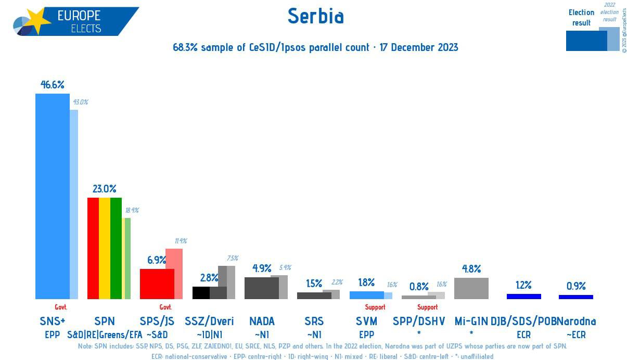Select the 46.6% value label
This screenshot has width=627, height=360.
pos(53,84)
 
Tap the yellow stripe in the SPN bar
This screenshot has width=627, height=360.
pos(105,248)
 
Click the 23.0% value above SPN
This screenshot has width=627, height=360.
pos(105,188)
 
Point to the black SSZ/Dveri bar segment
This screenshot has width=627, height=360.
pos(201,293)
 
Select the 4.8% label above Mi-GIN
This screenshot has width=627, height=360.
pos(471,269)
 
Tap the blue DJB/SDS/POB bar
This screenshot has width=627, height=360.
pos(523,297)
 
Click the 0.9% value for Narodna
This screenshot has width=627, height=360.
pos(576,286)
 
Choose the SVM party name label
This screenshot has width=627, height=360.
pos(367,321)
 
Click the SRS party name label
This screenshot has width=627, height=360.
pos(314,321)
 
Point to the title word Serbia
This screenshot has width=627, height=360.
pos(315,16)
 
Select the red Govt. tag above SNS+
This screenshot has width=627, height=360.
pos(60,307)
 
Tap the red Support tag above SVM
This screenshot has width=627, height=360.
pos(375,307)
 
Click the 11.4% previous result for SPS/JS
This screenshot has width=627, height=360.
pos(181,241)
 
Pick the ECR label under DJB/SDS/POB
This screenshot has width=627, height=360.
pos(523,335)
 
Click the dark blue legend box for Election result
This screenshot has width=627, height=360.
pos(586,41)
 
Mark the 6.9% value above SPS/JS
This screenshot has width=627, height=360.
pos(157,260)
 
